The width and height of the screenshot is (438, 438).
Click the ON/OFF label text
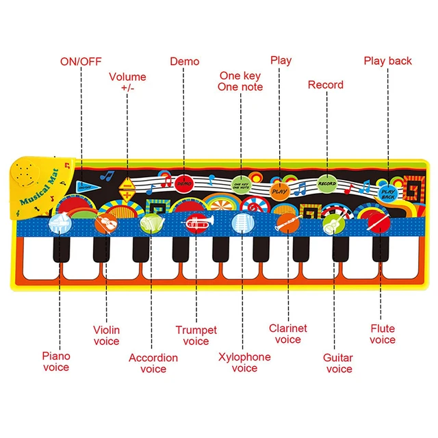click(x=81, y=61)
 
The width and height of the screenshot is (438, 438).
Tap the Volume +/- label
click(x=127, y=82)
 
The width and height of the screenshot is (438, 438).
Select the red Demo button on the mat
click(x=183, y=183)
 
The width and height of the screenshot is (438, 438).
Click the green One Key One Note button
click(x=241, y=183)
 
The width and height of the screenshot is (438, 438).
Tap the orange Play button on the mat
click(x=280, y=191)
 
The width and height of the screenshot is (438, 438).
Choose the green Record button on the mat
click(x=327, y=183)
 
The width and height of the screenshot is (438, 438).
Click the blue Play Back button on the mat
click(x=388, y=192)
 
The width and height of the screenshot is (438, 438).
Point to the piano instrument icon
click(x=59, y=222)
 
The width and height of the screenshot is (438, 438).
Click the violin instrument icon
click(x=105, y=222)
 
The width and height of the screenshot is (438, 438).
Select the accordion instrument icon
click(x=149, y=223)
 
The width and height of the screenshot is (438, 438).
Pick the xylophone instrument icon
click(x=241, y=222)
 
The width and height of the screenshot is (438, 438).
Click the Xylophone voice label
click(x=244, y=362)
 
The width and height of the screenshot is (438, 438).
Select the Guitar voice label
click(x=338, y=363)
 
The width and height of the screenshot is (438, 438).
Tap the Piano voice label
click(x=56, y=361)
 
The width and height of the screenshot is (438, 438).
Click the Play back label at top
click(x=387, y=61)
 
